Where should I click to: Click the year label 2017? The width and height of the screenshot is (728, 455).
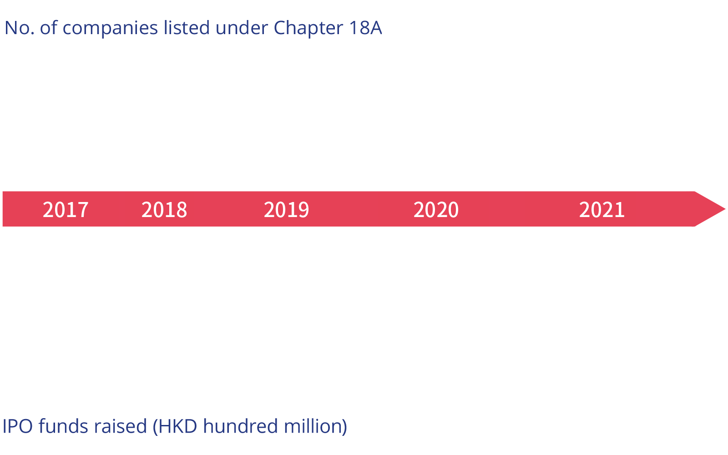66,210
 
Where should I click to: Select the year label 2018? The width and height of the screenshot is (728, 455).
164,210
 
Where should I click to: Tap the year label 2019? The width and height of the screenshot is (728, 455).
287,210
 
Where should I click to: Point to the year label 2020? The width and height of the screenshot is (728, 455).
436,210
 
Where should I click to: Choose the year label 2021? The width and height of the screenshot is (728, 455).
602,210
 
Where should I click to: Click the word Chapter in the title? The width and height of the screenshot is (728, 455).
308,28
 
